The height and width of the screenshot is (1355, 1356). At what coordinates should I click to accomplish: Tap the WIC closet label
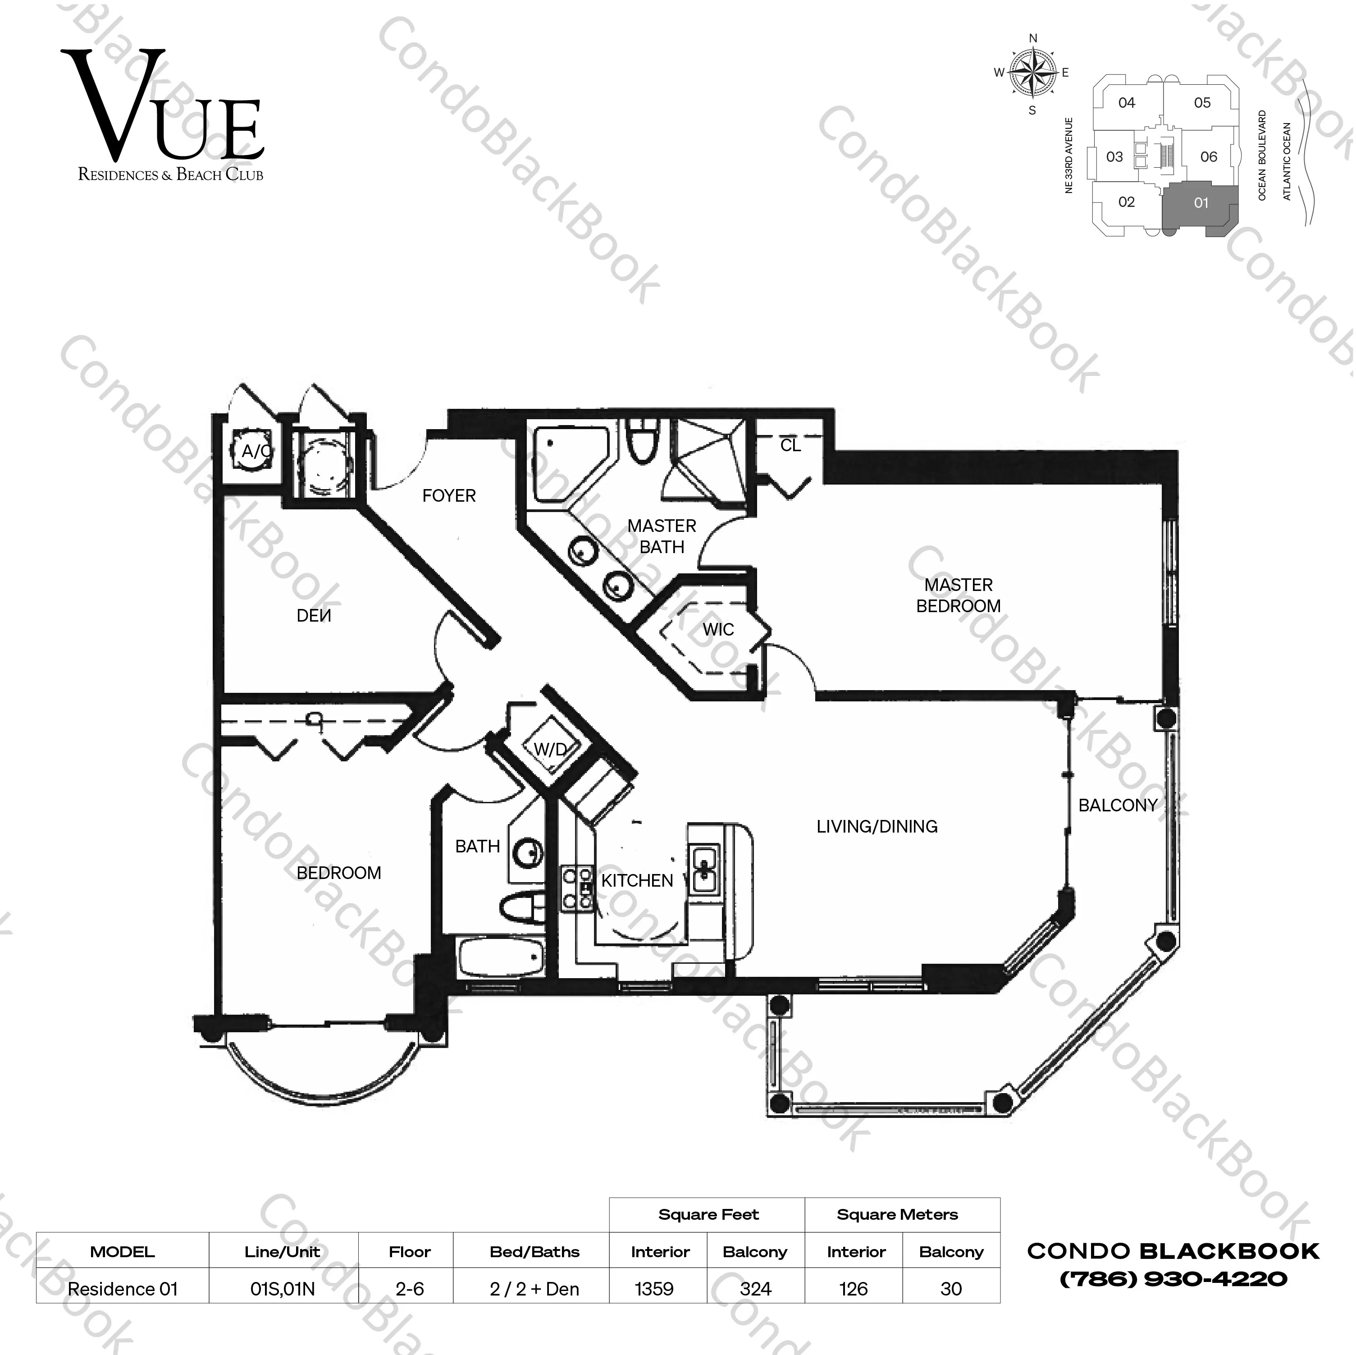tap(718, 630)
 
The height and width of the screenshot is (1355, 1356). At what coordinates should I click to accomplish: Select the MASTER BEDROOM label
tap(958, 595)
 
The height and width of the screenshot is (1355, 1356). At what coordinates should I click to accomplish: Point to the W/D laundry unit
tap(549, 749)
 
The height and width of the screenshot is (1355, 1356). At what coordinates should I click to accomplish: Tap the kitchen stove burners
tap(576, 888)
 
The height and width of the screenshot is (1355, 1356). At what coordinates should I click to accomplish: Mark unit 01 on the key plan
tap(1201, 203)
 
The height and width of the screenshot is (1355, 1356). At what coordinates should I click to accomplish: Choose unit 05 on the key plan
tap(1202, 102)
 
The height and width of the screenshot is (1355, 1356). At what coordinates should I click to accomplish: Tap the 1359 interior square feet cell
tap(654, 1289)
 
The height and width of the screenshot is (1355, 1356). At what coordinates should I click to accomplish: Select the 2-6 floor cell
tap(410, 1289)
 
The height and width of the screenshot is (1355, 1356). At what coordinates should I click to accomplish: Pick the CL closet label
tap(790, 445)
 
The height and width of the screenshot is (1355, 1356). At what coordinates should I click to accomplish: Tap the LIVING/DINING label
tap(877, 826)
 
